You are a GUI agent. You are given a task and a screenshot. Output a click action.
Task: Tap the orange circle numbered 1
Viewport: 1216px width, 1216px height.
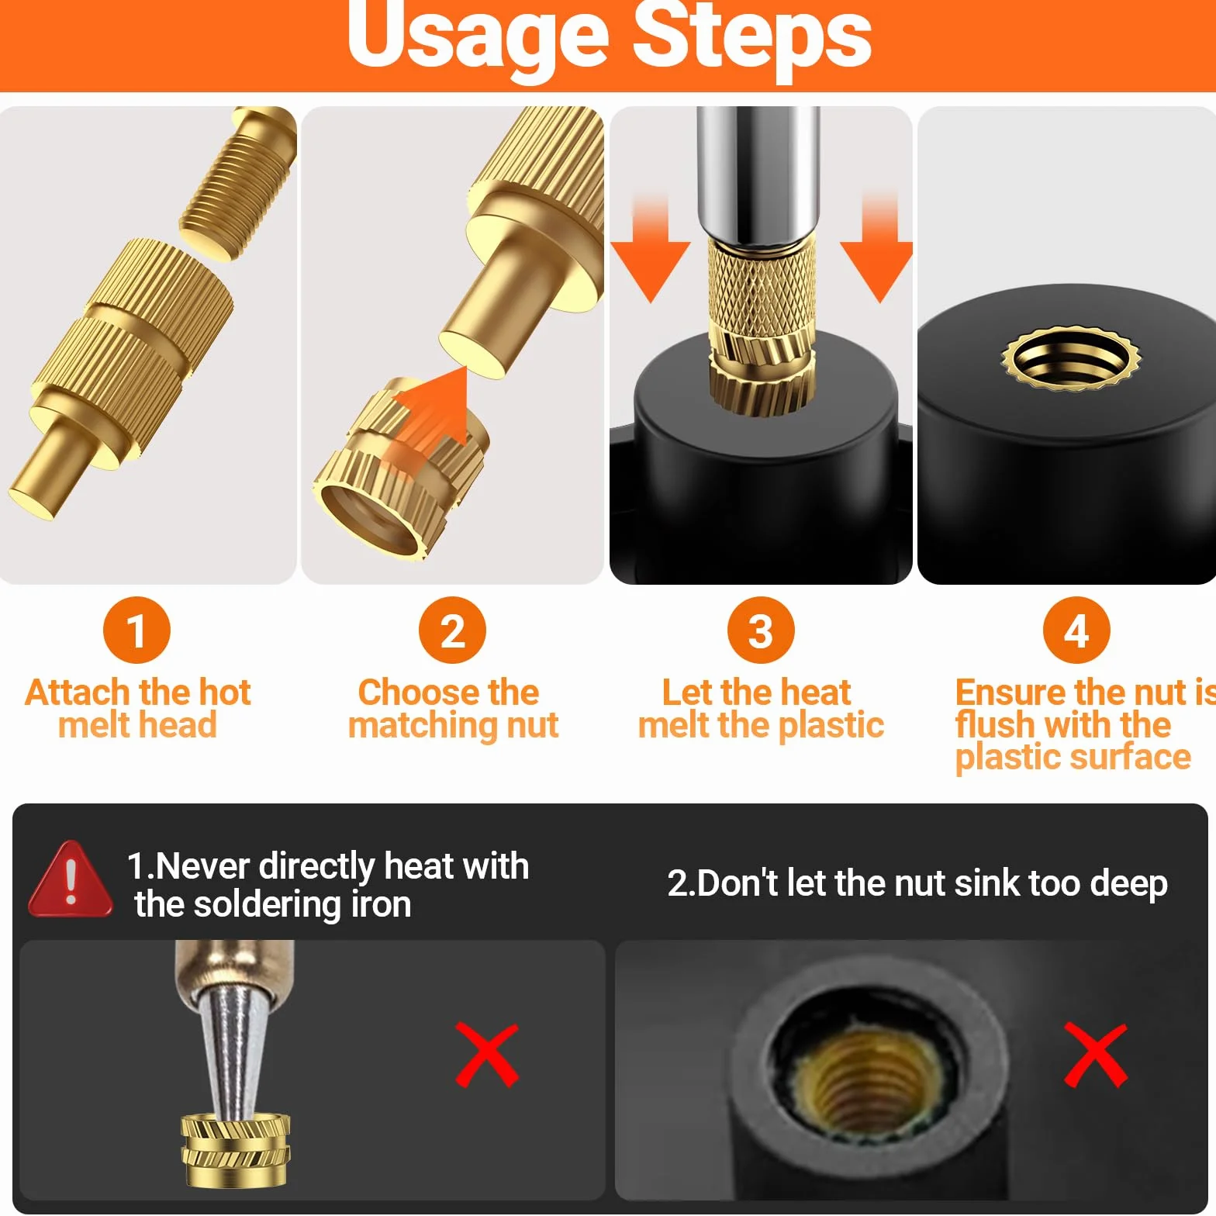[136, 630]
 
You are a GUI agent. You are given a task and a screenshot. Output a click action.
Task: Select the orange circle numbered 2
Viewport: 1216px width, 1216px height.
[452, 630]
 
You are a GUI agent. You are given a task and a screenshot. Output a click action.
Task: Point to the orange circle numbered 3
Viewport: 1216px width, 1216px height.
[761, 630]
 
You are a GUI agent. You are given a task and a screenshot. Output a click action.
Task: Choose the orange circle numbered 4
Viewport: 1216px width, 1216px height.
[1076, 630]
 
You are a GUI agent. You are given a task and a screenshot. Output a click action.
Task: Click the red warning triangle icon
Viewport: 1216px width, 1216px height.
[71, 879]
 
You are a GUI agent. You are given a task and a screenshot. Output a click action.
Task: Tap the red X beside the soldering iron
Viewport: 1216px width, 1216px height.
[487, 1055]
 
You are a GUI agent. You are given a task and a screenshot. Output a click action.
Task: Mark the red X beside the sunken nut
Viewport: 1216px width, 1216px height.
[1096, 1055]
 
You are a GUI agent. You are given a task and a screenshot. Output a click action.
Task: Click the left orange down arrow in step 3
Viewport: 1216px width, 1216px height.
[650, 248]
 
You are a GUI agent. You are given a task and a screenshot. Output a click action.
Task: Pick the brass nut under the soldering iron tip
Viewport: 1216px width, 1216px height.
[236, 1150]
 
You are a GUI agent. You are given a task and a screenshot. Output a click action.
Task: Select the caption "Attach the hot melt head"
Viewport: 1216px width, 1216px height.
[138, 708]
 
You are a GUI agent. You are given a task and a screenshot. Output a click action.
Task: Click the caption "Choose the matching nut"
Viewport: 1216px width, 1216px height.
[453, 708]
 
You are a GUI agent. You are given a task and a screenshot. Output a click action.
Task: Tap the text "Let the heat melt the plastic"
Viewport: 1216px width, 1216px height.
[761, 708]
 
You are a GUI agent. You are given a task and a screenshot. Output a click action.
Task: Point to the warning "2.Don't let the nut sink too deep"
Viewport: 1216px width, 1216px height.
[917, 883]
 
